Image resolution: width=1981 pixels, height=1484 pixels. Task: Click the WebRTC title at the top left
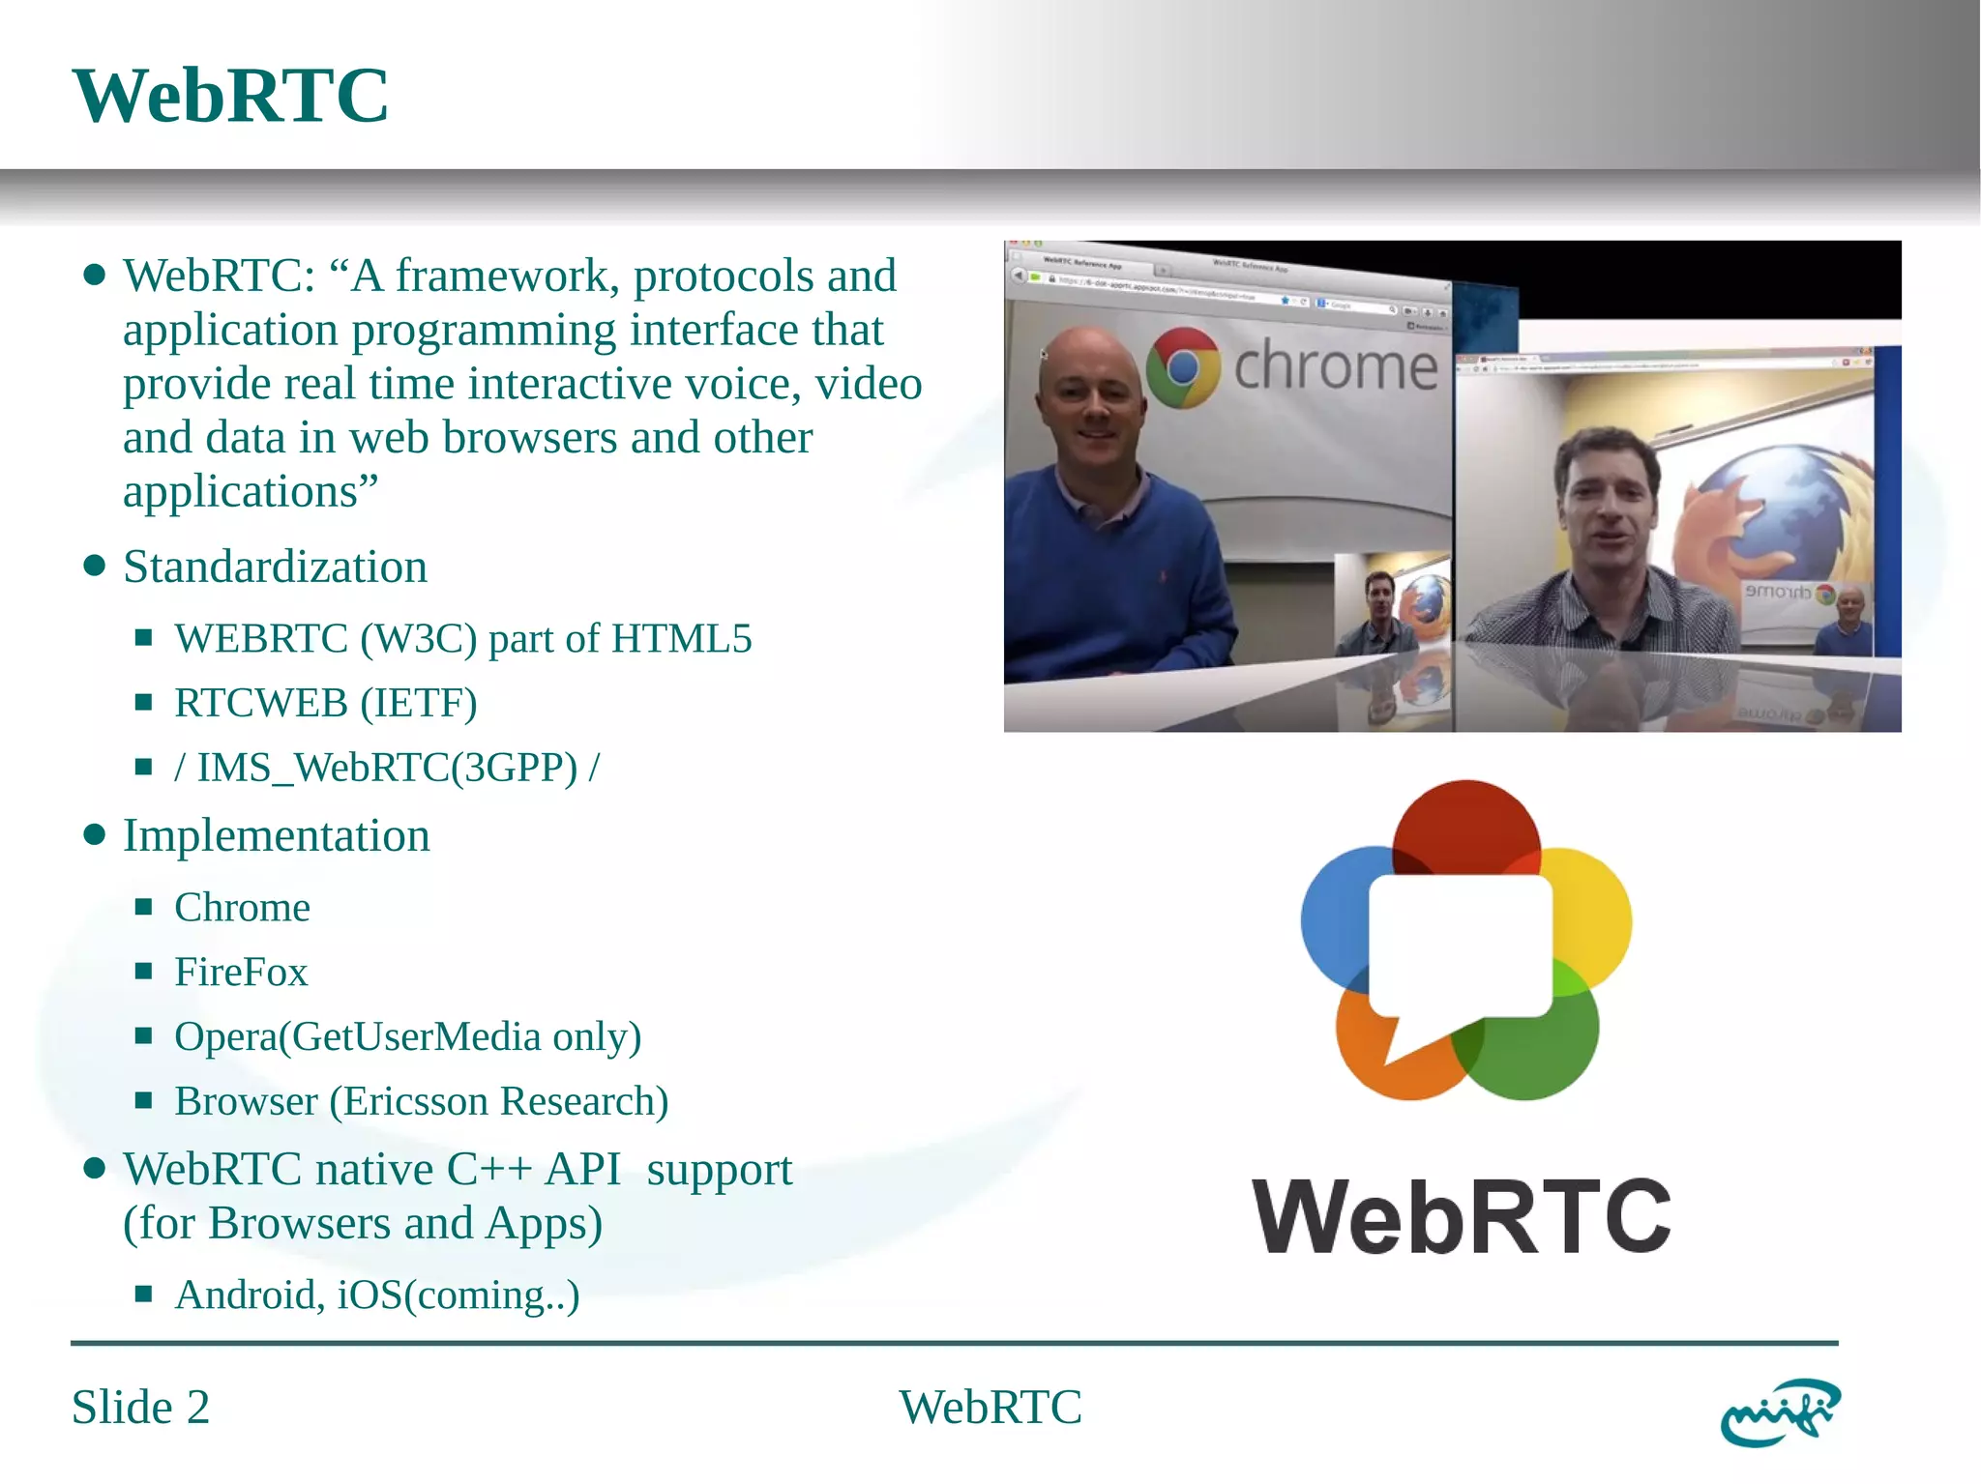(230, 96)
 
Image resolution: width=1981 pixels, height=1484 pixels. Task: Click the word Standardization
(275, 567)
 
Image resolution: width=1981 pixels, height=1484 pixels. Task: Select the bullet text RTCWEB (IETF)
(325, 703)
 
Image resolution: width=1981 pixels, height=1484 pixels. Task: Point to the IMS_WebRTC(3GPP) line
(387, 768)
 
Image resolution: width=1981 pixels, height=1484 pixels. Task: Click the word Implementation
(276, 835)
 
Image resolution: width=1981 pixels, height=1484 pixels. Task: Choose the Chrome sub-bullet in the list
(242, 908)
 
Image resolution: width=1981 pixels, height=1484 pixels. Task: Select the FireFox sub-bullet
(241, 972)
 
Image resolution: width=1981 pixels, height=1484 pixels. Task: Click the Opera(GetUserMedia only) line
(407, 1036)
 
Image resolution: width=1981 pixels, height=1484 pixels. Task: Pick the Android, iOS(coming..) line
(376, 1295)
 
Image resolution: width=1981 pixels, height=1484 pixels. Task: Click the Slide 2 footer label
(140, 1407)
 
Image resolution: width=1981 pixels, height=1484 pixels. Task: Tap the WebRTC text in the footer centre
(990, 1407)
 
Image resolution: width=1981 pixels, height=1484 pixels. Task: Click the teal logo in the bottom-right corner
(1780, 1412)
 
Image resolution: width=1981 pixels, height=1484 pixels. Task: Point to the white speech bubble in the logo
(1460, 947)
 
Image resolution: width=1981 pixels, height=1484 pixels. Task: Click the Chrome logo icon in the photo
(1183, 367)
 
